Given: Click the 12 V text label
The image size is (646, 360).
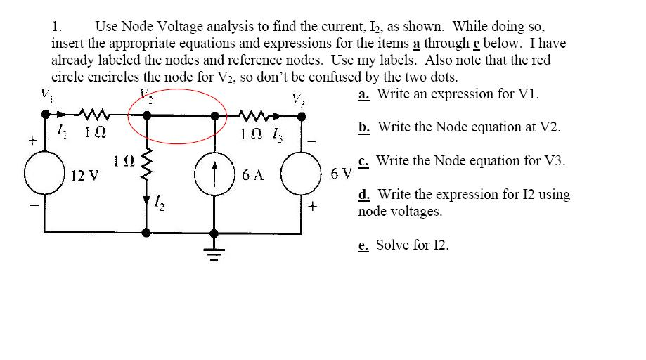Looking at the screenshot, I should (x=84, y=174).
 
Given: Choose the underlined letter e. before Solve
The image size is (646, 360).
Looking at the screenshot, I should (x=364, y=245).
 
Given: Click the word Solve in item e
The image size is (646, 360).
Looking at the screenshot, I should (x=392, y=245).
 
